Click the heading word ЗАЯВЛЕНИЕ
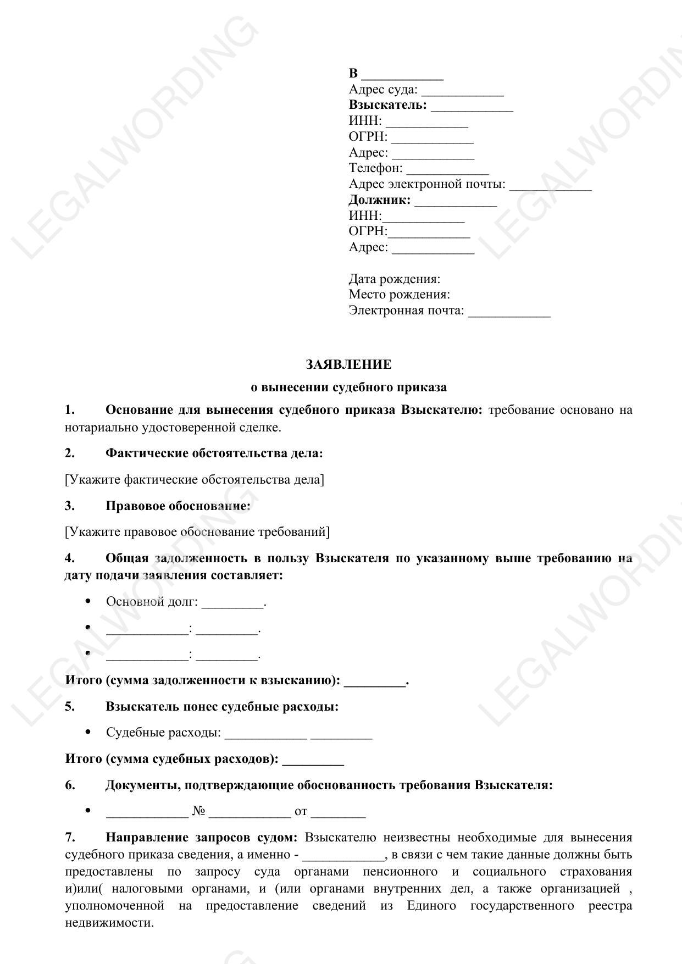pyautogui.click(x=348, y=365)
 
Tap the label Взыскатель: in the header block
pyautogui.click(x=387, y=105)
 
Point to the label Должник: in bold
pyautogui.click(x=379, y=200)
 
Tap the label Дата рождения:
pyautogui.click(x=394, y=279)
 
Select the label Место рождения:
pyautogui.click(x=399, y=295)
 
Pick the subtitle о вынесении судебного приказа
pyautogui.click(x=348, y=387)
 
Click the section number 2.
pyautogui.click(x=70, y=453)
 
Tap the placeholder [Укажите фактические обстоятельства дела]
pyautogui.click(x=195, y=480)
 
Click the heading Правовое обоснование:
pyautogui.click(x=178, y=506)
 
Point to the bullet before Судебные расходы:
pyautogui.click(x=88, y=732)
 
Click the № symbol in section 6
pyautogui.click(x=198, y=811)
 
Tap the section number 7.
pyautogui.click(x=70, y=838)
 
